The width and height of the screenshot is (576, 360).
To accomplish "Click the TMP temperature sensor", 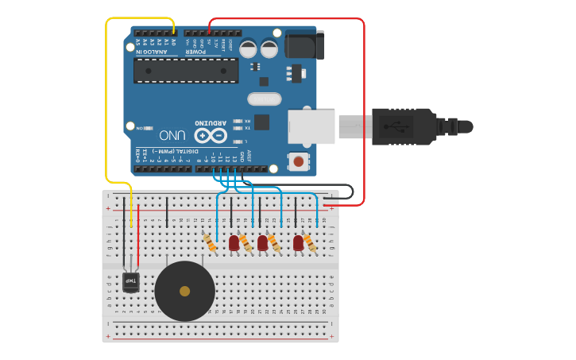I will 131,281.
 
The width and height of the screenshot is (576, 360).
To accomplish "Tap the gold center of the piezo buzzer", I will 184,291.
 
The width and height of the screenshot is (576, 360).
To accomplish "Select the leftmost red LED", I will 234,242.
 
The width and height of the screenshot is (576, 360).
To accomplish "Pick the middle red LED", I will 262,242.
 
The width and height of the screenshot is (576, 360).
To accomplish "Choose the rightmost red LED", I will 298,242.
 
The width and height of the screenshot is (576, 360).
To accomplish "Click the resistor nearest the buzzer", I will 210,242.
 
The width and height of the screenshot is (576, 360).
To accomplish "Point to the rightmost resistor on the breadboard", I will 310,243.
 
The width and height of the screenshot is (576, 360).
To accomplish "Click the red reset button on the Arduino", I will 298,161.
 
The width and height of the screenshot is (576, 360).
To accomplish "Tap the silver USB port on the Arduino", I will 311,126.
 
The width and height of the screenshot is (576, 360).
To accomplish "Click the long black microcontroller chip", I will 186,71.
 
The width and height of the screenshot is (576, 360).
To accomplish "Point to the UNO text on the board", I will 172,135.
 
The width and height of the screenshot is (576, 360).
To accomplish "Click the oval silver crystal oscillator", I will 264,99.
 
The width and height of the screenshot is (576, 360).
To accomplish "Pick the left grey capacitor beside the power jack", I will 248,48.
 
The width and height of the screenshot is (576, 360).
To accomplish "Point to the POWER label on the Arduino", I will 196,52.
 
